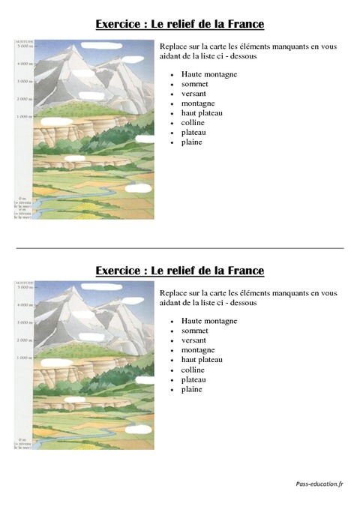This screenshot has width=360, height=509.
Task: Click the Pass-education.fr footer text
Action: tap(319, 484)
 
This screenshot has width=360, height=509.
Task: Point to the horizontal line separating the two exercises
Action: tap(180, 248)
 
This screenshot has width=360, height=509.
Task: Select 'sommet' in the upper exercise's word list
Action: tap(194, 84)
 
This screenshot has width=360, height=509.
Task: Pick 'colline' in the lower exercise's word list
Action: tap(193, 370)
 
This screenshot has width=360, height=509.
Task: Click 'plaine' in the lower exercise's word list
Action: tap(191, 389)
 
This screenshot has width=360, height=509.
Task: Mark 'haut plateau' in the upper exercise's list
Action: tap(202, 113)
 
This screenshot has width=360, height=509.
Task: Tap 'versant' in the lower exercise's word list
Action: tap(193, 340)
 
